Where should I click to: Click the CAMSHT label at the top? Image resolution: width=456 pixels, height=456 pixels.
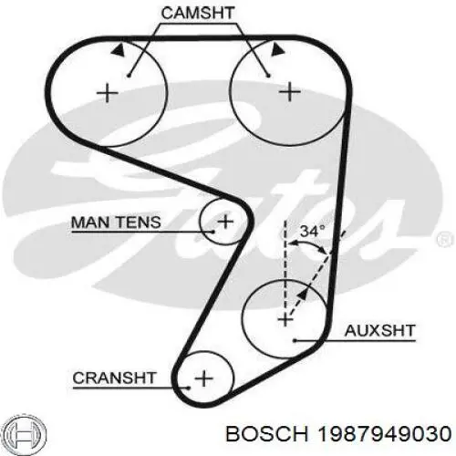click(x=198, y=13)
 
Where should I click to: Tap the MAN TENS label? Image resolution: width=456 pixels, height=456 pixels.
click(x=116, y=223)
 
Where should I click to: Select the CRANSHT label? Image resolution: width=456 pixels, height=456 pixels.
click(x=114, y=378)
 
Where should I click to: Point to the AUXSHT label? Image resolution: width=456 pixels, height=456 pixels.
click(x=380, y=331)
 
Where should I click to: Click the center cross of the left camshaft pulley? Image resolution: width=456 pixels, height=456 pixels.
click(x=108, y=92)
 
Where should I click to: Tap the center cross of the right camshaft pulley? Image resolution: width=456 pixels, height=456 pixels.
click(x=290, y=92)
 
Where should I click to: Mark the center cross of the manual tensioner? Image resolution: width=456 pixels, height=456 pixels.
click(x=225, y=222)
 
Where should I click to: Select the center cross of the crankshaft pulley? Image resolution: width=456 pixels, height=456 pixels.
click(x=203, y=378)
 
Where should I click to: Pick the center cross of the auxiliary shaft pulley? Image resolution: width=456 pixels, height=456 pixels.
click(x=285, y=319)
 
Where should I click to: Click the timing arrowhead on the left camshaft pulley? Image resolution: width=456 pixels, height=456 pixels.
click(x=119, y=49)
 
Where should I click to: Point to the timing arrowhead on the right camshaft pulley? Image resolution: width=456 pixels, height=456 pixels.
click(x=277, y=49)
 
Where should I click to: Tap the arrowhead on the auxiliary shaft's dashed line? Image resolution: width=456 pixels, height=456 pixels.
click(x=302, y=295)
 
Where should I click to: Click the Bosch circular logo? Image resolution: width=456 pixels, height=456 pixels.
click(x=26, y=433)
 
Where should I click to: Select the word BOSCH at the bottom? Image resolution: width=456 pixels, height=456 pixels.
click(x=267, y=433)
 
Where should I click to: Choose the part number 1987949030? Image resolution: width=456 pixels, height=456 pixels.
click(x=384, y=433)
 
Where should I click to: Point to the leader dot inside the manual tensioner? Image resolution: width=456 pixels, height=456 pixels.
click(x=213, y=232)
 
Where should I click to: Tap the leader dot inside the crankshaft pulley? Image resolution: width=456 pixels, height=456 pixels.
click(x=189, y=388)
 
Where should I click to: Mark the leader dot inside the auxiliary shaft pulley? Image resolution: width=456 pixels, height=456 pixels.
click(x=295, y=340)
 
